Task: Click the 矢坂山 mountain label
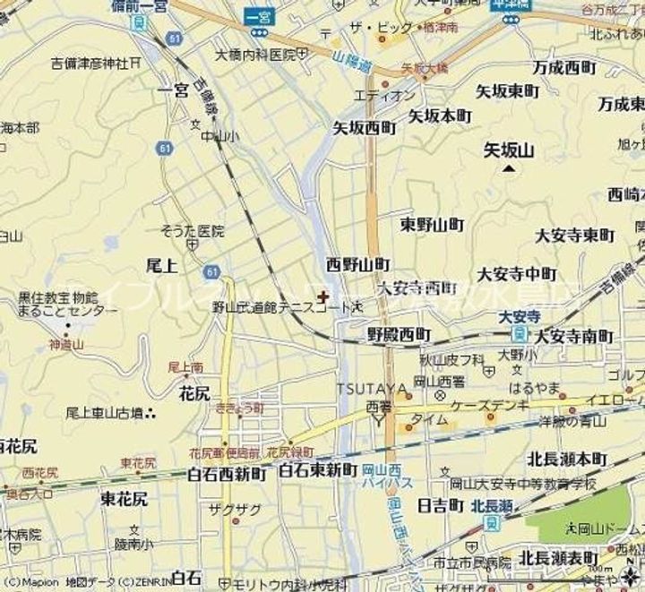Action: [508, 150]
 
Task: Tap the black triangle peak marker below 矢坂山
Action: [510, 167]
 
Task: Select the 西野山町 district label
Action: [357, 264]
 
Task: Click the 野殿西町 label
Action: [399, 334]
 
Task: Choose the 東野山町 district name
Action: [432, 223]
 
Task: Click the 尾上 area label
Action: [161, 265]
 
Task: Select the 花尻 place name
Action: [194, 392]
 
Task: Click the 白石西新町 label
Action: [227, 474]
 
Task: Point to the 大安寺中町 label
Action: [517, 273]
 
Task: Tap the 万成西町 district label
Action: [563, 67]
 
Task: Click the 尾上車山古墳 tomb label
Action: [105, 413]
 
